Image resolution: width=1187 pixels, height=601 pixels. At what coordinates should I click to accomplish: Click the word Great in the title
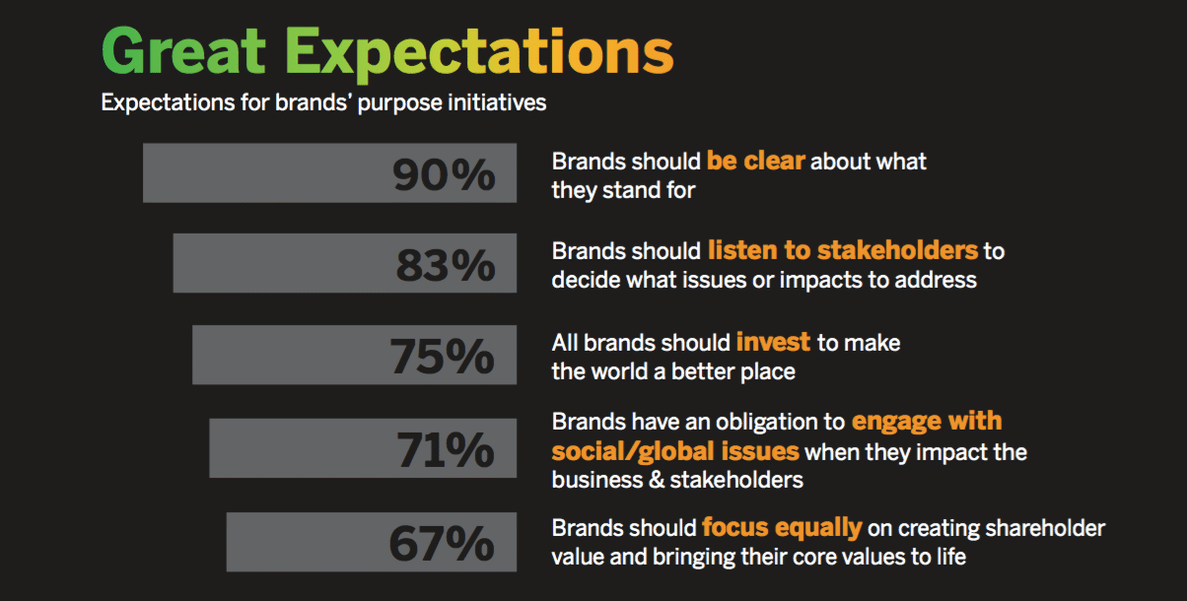(183, 51)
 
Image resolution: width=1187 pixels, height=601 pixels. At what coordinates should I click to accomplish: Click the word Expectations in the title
(479, 54)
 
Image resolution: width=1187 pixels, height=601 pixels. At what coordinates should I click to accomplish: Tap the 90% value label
(444, 174)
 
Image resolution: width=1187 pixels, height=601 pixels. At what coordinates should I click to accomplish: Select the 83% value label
(446, 264)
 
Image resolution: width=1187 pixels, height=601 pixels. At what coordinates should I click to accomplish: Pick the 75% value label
(442, 357)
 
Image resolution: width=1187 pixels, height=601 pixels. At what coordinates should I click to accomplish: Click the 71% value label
(446, 449)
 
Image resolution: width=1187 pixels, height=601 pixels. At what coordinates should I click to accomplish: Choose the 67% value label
(442, 543)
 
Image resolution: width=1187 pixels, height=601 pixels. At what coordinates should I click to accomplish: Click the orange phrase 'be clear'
(755, 161)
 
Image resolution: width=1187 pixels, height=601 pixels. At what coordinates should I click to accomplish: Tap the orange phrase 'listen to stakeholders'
(843, 250)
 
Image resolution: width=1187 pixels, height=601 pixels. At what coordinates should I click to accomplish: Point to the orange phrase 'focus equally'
(782, 528)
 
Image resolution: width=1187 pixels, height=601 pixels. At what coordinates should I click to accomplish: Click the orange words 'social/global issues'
(675, 451)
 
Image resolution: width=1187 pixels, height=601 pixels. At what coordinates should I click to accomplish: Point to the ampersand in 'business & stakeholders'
(657, 480)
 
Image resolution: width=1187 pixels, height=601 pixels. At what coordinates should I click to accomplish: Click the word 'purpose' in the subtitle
(399, 103)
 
